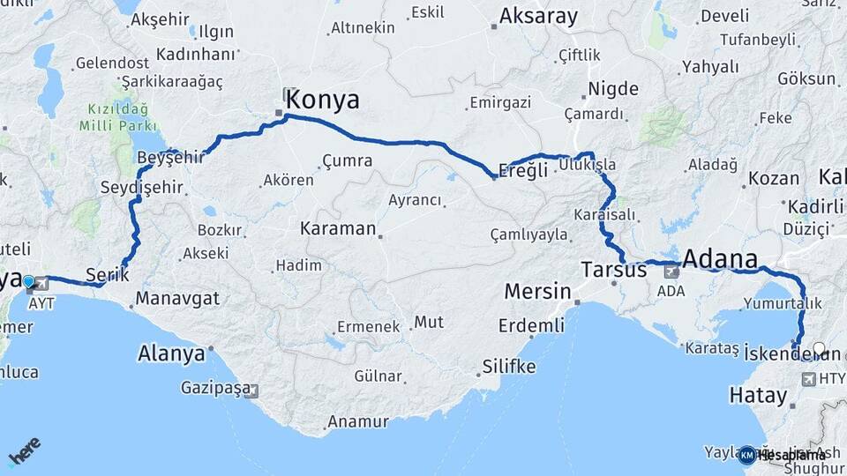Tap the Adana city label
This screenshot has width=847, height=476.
click(x=720, y=259)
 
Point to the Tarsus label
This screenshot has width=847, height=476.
click(x=614, y=270)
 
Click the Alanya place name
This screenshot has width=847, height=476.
click(x=171, y=353)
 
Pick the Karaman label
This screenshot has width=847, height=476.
click(x=338, y=228)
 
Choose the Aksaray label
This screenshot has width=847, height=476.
click(x=538, y=16)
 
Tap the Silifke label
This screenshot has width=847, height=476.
click(x=509, y=366)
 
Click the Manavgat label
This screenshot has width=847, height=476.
click(x=178, y=298)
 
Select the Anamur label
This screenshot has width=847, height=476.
click(x=357, y=422)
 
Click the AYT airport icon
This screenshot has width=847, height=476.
click(x=42, y=283)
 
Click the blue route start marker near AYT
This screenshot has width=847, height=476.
click(x=28, y=282)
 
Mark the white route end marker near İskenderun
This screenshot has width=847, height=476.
click(x=820, y=349)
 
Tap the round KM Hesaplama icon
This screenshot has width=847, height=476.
click(x=746, y=455)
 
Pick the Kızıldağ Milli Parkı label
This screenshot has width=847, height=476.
click(x=118, y=116)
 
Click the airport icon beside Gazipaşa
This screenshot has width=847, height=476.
click(x=251, y=390)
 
